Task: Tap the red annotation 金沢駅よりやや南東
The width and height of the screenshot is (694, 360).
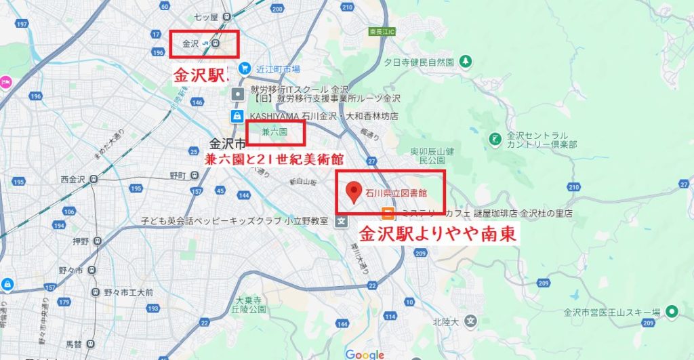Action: [438, 235]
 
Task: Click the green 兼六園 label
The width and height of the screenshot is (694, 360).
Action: [274, 134]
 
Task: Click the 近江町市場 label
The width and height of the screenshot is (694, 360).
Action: [278, 69]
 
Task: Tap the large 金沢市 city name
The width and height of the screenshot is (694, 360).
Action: [227, 144]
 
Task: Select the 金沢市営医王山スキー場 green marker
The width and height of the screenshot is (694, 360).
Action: [672, 312]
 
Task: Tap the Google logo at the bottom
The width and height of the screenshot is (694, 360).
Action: [365, 354]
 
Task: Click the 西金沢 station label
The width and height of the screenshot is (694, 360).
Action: [72, 180]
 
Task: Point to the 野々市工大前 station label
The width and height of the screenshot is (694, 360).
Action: [128, 292]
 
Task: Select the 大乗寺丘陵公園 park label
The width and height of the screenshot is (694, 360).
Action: [247, 304]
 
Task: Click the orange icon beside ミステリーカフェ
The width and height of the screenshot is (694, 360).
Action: [387, 214]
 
